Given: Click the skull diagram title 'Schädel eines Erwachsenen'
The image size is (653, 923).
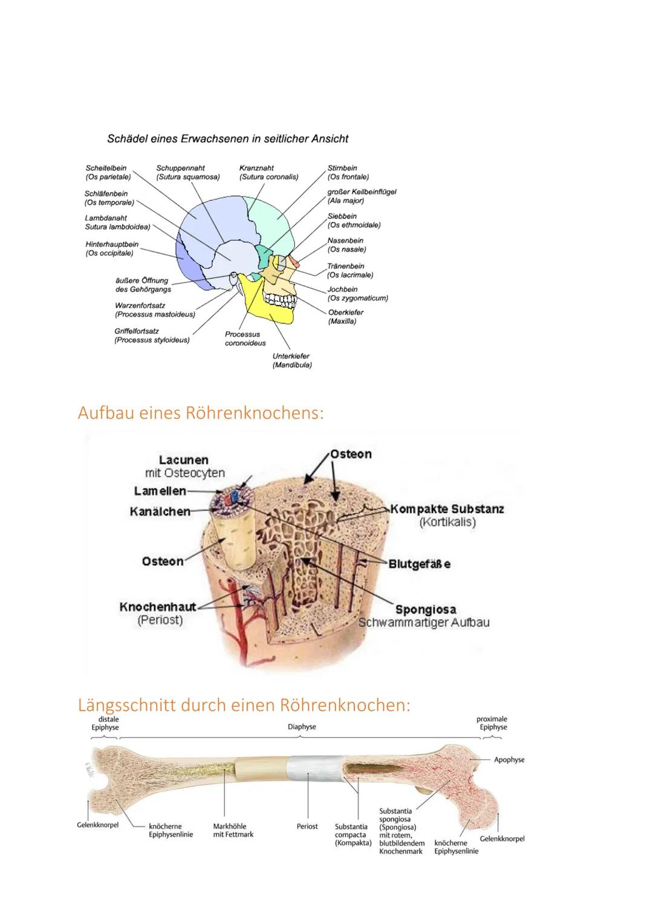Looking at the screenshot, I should tap(227, 139).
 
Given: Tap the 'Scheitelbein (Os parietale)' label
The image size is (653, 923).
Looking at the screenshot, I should tap(108, 172).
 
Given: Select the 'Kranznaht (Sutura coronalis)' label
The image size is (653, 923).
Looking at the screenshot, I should tap(268, 172).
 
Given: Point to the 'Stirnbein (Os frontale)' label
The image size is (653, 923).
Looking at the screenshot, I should tap(348, 172).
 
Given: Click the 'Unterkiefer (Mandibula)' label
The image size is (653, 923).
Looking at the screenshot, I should tap(291, 361).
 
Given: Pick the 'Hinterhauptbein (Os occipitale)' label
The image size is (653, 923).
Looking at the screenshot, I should tap(112, 248).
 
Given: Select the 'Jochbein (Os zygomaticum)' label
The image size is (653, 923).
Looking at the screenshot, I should tap(357, 294).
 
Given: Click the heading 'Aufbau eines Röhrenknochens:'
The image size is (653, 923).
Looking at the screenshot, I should tap(201, 413).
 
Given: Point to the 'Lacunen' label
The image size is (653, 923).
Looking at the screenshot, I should tap(183, 461).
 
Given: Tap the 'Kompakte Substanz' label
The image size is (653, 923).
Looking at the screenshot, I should tap(447, 509).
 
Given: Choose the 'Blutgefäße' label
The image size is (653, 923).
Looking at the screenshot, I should tap(419, 564).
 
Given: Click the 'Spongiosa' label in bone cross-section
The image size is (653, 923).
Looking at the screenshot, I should tap(426, 609).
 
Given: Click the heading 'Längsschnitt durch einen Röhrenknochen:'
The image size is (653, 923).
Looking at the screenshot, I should tap(244, 705).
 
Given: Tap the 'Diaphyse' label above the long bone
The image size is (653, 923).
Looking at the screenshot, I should tap(302, 727).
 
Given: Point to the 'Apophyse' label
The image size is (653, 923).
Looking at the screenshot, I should tap(509, 760).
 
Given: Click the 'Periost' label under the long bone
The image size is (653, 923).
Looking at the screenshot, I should tap(307, 826).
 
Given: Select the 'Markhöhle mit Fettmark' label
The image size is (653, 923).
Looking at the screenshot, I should tap(233, 831).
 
